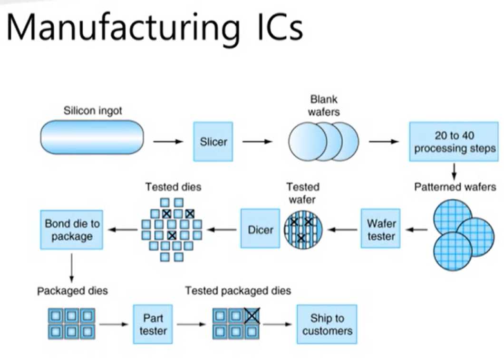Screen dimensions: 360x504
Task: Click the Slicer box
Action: tap(213, 141)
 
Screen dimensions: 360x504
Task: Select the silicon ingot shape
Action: tap(91, 137)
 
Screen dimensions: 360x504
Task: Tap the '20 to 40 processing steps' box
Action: tap(454, 141)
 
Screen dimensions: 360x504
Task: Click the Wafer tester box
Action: tap(381, 229)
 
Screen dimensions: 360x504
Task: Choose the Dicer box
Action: tap(260, 229)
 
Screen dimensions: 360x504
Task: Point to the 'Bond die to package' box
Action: tap(71, 230)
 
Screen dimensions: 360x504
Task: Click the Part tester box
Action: tap(153, 323)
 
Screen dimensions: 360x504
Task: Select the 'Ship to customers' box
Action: tap(327, 324)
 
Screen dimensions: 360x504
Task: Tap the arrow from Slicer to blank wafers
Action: tap(257, 141)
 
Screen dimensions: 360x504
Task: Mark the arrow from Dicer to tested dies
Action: tap(223, 230)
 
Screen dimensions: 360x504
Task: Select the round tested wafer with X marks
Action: tap(303, 229)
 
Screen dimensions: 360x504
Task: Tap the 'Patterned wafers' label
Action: tap(455, 187)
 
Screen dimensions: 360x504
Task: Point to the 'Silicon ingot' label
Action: tap(93, 111)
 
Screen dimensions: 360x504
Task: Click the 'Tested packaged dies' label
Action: tap(238, 290)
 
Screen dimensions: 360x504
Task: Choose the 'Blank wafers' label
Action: tap(323, 106)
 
